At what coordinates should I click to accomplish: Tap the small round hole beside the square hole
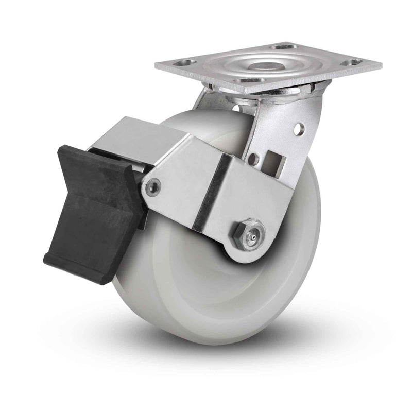click(252, 159)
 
